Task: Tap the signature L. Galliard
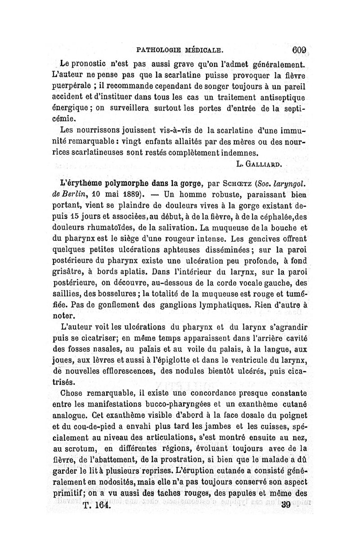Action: click(260, 164)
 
